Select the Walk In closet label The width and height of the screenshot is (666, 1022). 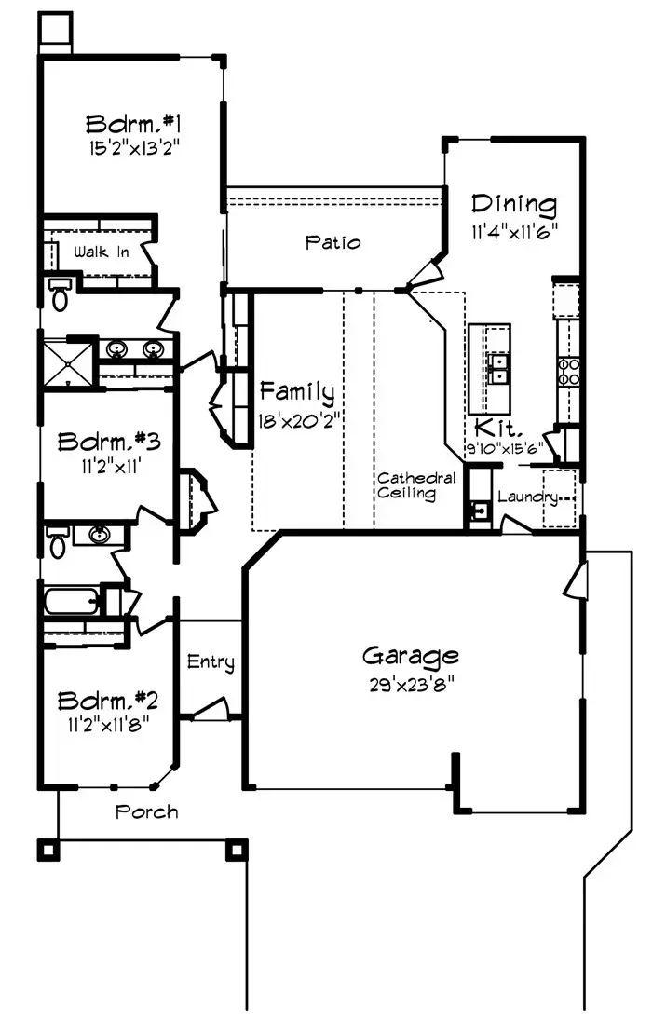(x=102, y=252)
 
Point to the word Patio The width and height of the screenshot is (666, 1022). (x=333, y=242)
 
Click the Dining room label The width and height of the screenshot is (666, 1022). (x=513, y=204)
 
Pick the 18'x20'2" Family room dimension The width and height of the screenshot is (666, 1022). (x=296, y=419)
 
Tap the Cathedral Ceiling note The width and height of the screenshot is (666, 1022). (x=416, y=486)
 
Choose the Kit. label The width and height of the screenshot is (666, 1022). (x=492, y=428)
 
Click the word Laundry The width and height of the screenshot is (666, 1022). (x=527, y=497)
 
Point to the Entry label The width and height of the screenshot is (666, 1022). (x=211, y=662)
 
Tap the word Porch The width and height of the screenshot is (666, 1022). (x=146, y=811)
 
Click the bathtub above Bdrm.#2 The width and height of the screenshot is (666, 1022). (x=71, y=602)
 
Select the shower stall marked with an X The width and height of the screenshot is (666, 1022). (x=66, y=362)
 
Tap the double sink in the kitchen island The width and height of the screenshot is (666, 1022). (x=497, y=370)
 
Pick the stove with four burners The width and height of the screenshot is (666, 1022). (x=568, y=371)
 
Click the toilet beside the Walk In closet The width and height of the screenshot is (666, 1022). (x=61, y=294)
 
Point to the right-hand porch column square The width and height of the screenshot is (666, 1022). (x=236, y=849)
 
